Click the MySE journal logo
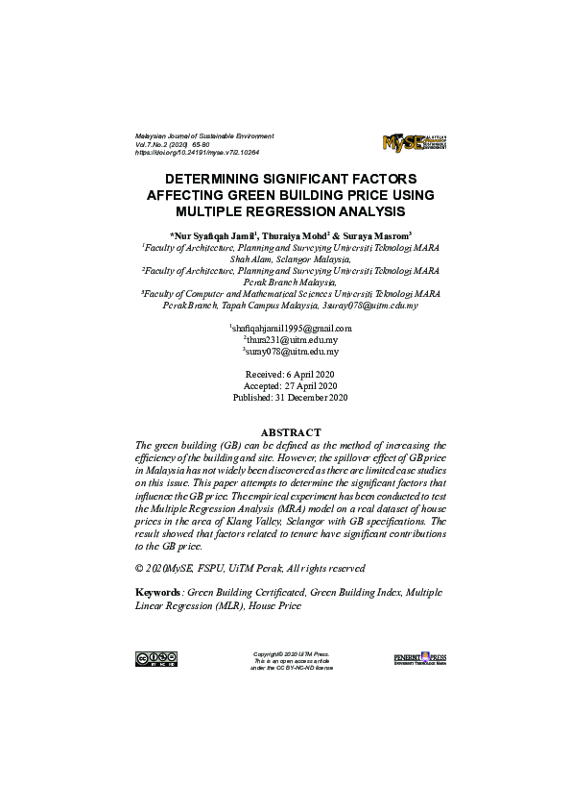pyautogui.click(x=414, y=143)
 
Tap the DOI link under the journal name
pyautogui.click(x=197, y=153)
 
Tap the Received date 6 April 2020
pyautogui.click(x=290, y=374)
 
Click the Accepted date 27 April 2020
pyautogui.click(x=290, y=385)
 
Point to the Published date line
pyautogui.click(x=290, y=397)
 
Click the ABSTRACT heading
pyautogui.click(x=290, y=433)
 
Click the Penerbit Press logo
pyautogui.click(x=420, y=658)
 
